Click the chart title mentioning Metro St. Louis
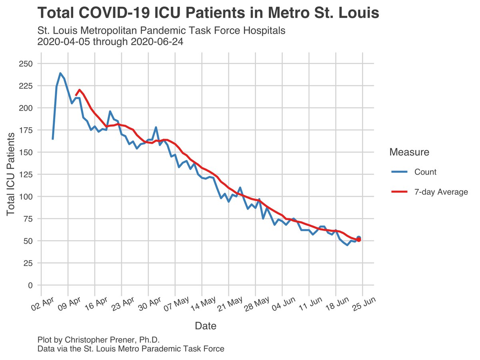pyautogui.click(x=208, y=13)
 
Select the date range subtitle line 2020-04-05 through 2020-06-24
pyautogui.click(x=110, y=42)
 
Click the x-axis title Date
pyautogui.click(x=206, y=326)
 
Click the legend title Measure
pyautogui.click(x=409, y=152)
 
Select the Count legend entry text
pyautogui.click(x=425, y=172)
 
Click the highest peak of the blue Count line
pyautogui.click(x=60, y=73)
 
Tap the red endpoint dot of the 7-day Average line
pyautogui.click(x=359, y=240)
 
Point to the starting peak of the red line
pyautogui.click(x=79, y=90)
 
